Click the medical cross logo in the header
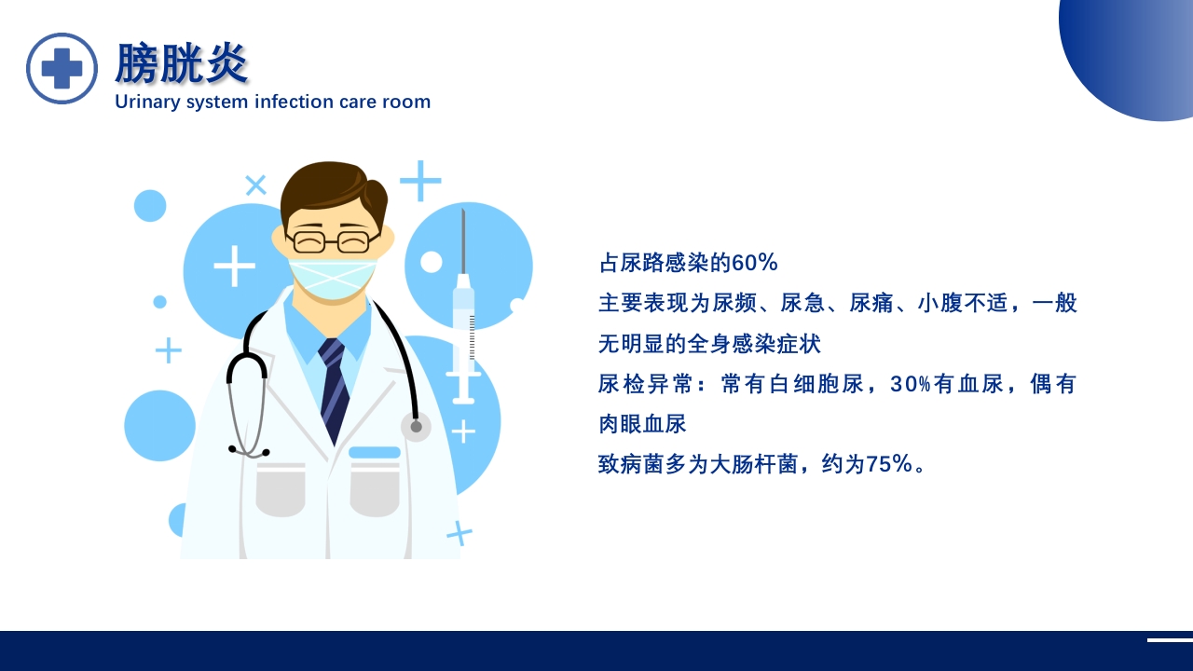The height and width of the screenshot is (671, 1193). pos(62,68)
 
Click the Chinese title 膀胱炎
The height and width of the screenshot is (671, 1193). pos(182,64)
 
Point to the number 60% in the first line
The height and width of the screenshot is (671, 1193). pos(755,263)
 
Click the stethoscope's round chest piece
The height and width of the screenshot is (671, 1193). pos(416,427)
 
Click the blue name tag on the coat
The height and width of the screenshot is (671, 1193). pos(375,452)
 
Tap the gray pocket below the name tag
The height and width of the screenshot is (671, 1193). pos(375,490)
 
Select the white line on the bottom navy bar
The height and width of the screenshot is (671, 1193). pos(1170,640)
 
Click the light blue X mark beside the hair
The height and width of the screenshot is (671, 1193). pos(255,185)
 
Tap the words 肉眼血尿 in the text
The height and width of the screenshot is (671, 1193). pos(642,424)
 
